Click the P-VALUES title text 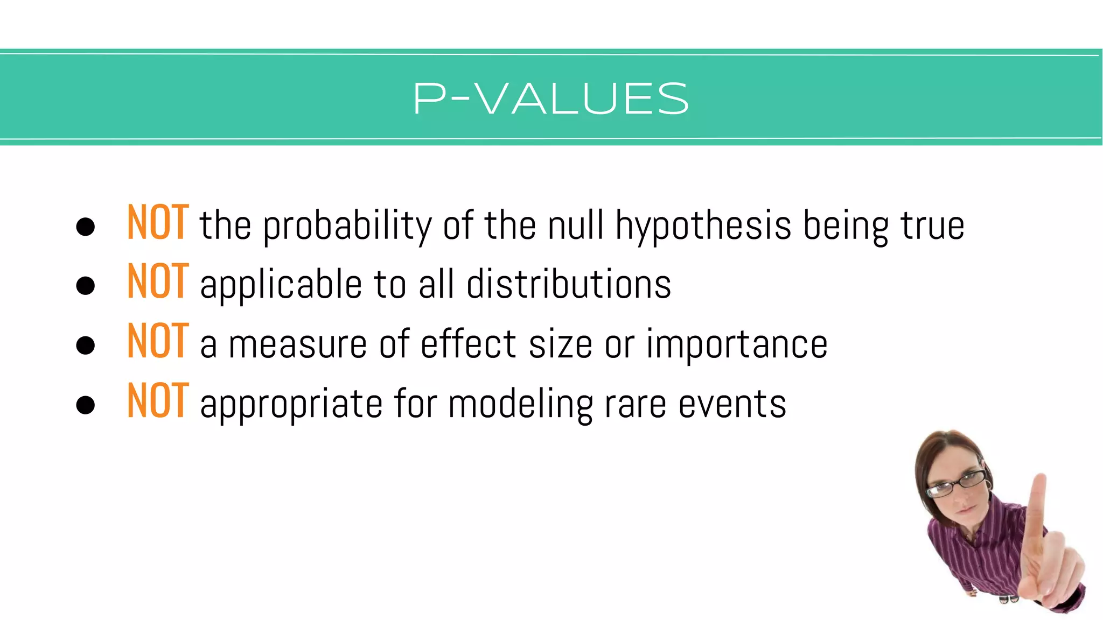coord(551,99)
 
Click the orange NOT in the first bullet coord(158,223)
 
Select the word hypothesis coord(703,226)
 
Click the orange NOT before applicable coord(158,282)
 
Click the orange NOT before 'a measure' coord(158,342)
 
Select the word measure coord(297,344)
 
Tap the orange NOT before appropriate coord(158,401)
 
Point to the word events coord(732,405)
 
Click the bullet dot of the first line coord(86,227)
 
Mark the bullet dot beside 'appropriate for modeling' coord(86,405)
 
